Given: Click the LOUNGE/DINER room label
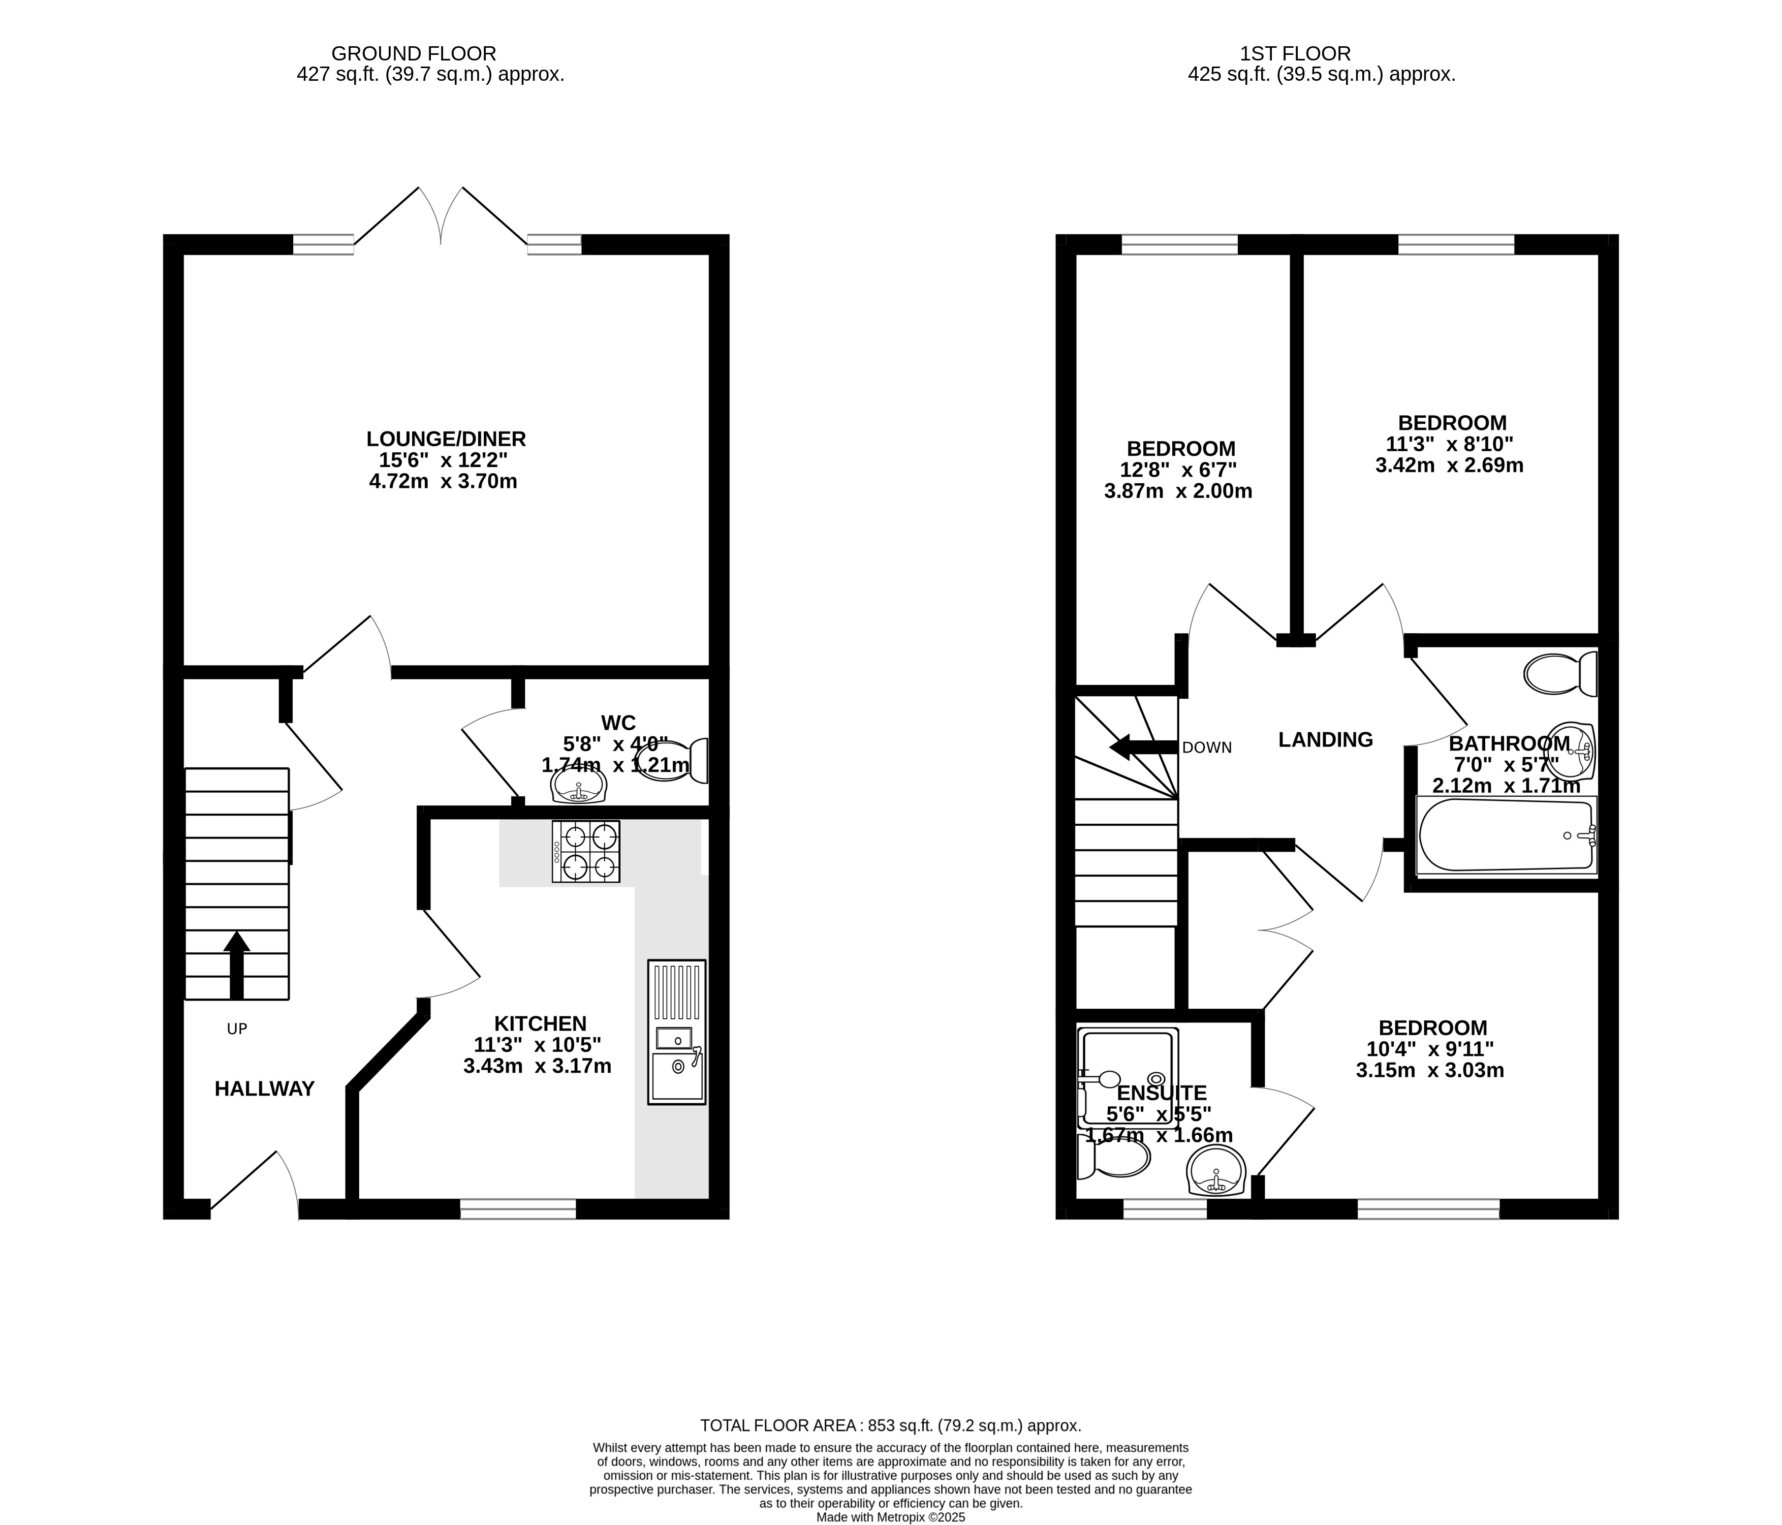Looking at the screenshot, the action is tap(446, 439).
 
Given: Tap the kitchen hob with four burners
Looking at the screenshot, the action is tap(586, 852).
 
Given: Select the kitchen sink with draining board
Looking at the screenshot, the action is tap(677, 1032).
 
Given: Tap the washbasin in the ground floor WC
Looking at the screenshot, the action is tap(579, 784).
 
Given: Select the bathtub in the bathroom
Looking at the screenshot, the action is tap(1506, 835).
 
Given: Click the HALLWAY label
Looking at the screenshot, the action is tap(265, 1089).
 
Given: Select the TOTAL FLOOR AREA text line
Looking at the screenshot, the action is tap(890, 1425).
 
